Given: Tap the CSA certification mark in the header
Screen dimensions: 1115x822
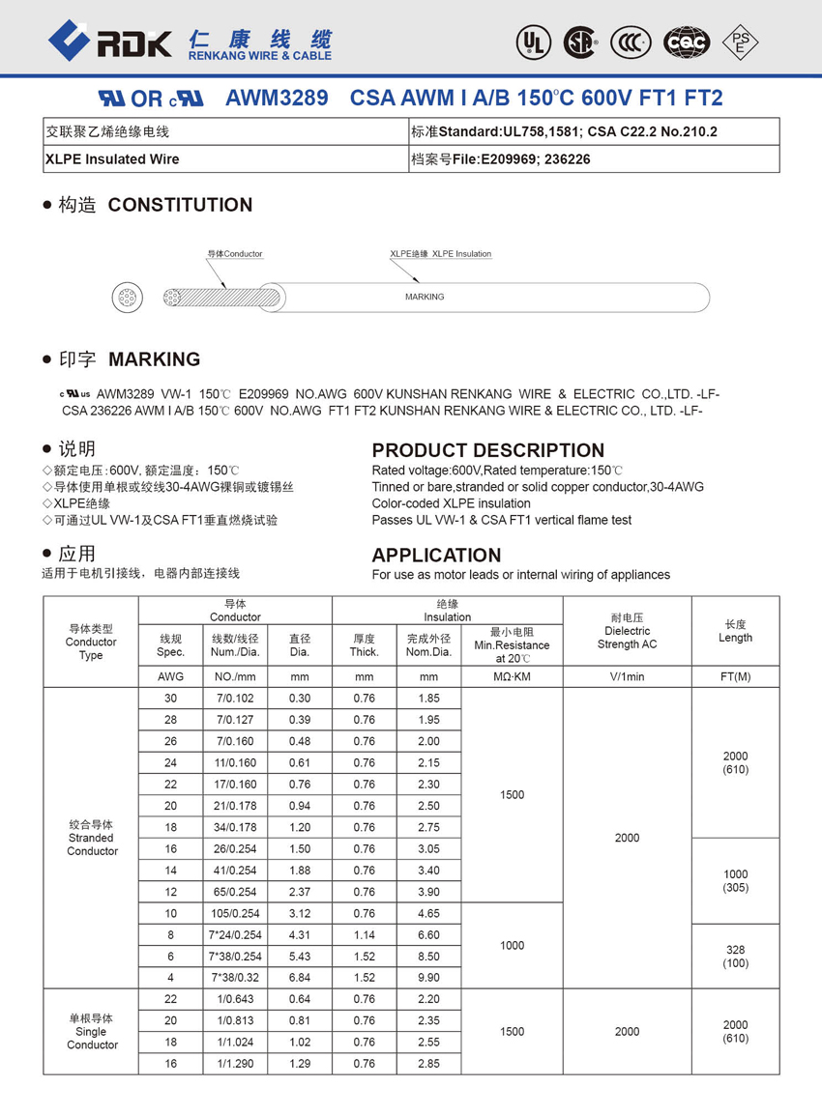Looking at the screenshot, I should click(580, 42).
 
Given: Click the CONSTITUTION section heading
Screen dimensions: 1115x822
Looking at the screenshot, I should click(180, 205).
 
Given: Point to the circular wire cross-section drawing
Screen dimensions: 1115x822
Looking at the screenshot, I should click(127, 297).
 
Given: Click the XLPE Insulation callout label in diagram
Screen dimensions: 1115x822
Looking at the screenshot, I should click(441, 254).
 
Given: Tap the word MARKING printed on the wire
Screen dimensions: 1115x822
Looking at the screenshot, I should click(424, 297).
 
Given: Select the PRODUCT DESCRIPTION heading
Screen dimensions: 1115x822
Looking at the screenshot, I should click(487, 450).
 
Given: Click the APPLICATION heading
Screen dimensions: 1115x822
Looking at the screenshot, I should click(436, 555).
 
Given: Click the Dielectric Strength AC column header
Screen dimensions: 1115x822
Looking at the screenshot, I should click(627, 631).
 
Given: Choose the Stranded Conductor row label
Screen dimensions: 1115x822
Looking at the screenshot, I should click(92, 838).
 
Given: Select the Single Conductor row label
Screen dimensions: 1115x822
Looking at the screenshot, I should click(92, 1031).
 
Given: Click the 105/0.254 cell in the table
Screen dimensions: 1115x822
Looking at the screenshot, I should click(235, 913).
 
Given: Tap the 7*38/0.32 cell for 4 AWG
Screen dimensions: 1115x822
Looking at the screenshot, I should click(235, 978).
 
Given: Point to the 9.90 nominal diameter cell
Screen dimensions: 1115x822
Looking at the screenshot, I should click(428, 978).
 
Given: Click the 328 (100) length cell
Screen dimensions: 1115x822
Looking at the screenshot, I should click(735, 957).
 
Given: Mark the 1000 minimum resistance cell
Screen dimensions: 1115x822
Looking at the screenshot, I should click(512, 946).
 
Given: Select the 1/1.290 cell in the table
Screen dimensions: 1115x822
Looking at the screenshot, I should click(235, 1064).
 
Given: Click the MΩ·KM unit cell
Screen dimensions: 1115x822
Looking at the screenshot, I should click(512, 676).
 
